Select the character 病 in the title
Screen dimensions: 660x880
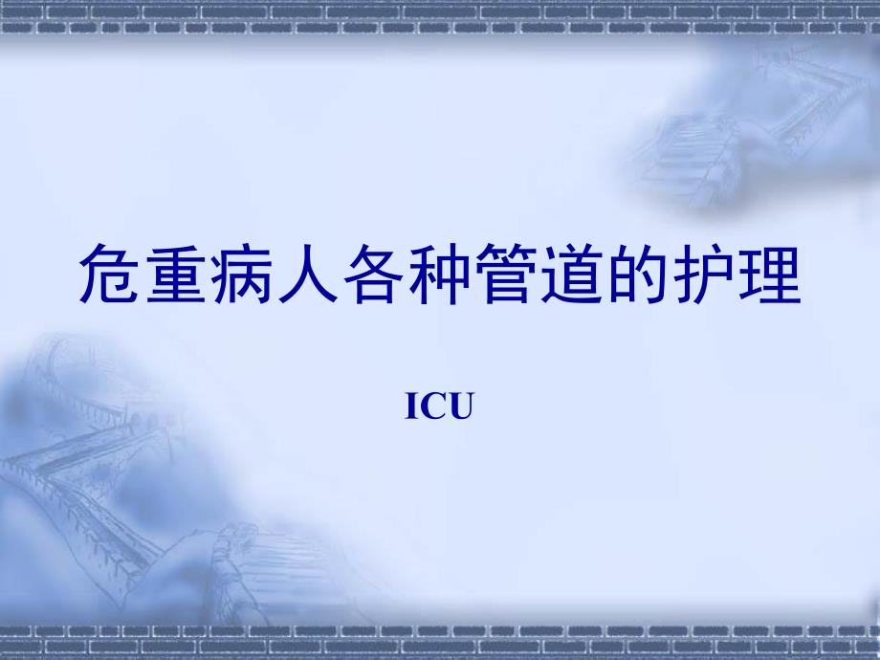pos(243,275)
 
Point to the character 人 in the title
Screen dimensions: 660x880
pos(309,275)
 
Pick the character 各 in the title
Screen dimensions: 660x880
pos(375,275)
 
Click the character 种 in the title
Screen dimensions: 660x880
pos(441,275)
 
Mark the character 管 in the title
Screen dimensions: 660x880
pos(507,275)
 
